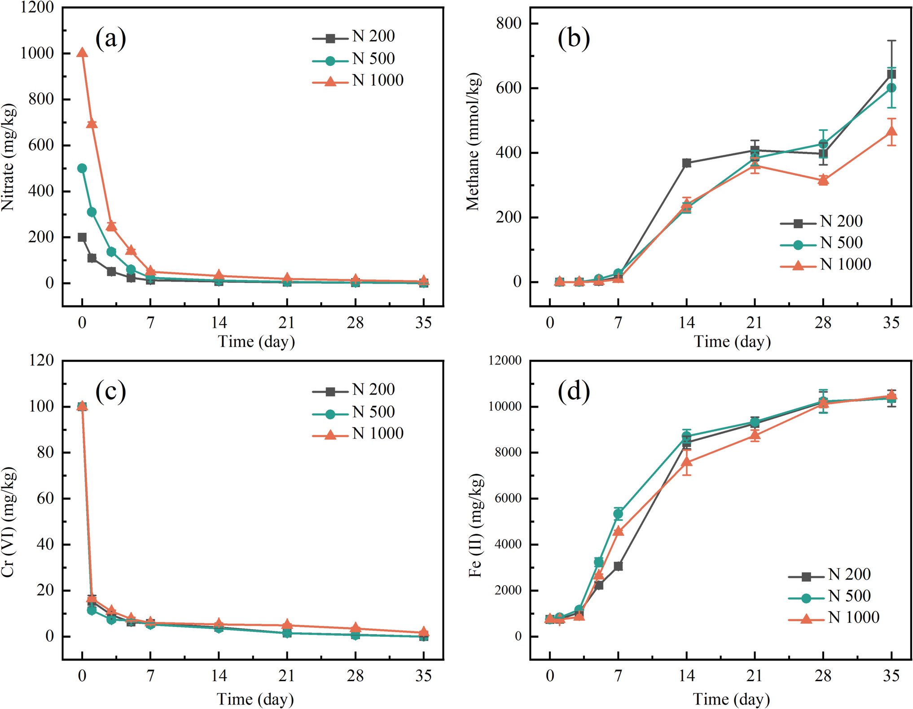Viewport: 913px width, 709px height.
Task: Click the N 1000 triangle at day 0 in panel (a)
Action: [82, 53]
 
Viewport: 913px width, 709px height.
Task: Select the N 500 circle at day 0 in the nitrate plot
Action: [82, 168]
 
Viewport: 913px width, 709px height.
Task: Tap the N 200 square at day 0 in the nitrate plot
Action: [82, 237]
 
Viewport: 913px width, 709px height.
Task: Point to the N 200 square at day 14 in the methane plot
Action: [686, 163]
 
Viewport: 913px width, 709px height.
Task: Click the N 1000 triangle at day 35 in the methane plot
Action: [891, 131]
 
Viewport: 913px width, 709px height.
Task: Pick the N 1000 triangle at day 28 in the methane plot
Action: [823, 180]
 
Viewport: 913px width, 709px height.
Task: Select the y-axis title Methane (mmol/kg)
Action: [473, 141]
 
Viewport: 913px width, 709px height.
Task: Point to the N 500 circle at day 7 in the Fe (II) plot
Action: [618, 514]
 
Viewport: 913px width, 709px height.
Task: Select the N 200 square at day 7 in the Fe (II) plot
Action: [618, 566]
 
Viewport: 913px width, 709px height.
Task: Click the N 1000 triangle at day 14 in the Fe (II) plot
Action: [686, 462]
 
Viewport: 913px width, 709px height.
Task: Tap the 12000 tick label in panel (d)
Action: [505, 361]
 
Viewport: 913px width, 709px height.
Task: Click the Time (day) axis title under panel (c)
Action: [255, 699]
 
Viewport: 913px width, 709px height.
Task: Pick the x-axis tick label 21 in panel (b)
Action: [754, 323]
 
